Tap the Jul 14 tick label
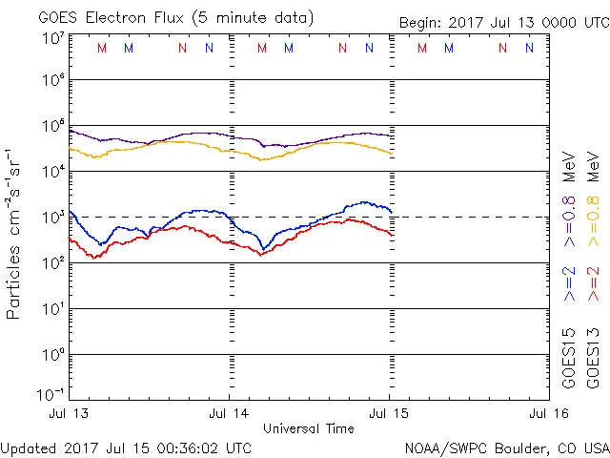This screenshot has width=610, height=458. (230, 413)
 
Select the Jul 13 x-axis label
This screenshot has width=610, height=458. (70, 413)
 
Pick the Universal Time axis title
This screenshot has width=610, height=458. (309, 428)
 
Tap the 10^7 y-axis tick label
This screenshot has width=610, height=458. (52, 39)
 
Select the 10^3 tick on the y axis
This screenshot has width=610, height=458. (52, 217)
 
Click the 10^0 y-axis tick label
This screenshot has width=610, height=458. (52, 354)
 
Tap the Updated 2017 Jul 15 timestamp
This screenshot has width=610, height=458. (127, 447)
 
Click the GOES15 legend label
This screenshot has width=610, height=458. (569, 359)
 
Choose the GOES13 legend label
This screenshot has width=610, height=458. (593, 359)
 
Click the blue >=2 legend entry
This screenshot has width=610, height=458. (569, 283)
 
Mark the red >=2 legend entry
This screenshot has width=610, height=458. (593, 283)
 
